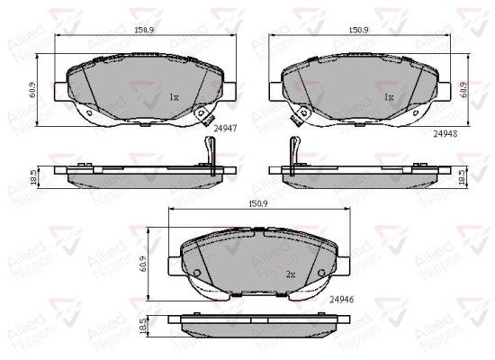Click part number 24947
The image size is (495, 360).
click(225, 128)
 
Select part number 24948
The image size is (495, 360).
click(445, 134)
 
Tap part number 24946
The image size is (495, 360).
click(342, 300)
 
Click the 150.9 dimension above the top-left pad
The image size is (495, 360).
click(144, 30)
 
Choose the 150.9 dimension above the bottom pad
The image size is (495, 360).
click(258, 204)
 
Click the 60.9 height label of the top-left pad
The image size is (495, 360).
click(32, 90)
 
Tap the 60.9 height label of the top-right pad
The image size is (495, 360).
click(464, 90)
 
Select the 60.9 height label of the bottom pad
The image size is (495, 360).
click(144, 265)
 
